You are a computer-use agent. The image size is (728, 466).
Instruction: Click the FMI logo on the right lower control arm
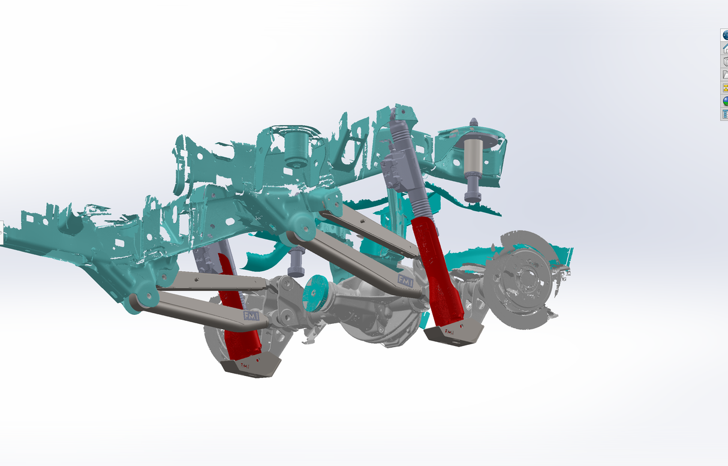tap(404, 280)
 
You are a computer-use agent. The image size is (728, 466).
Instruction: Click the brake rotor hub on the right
tap(525, 277)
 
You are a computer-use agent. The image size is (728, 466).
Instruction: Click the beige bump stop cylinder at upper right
tap(474, 158)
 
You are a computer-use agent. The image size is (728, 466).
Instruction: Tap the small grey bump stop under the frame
tap(296, 262)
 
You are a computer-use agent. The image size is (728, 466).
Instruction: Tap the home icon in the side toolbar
tap(724, 48)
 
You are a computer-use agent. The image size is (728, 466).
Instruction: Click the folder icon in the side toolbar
tap(724, 74)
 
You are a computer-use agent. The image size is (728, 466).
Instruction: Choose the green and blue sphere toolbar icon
tap(724, 101)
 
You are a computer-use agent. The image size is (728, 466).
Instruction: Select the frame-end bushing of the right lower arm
tap(296, 236)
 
